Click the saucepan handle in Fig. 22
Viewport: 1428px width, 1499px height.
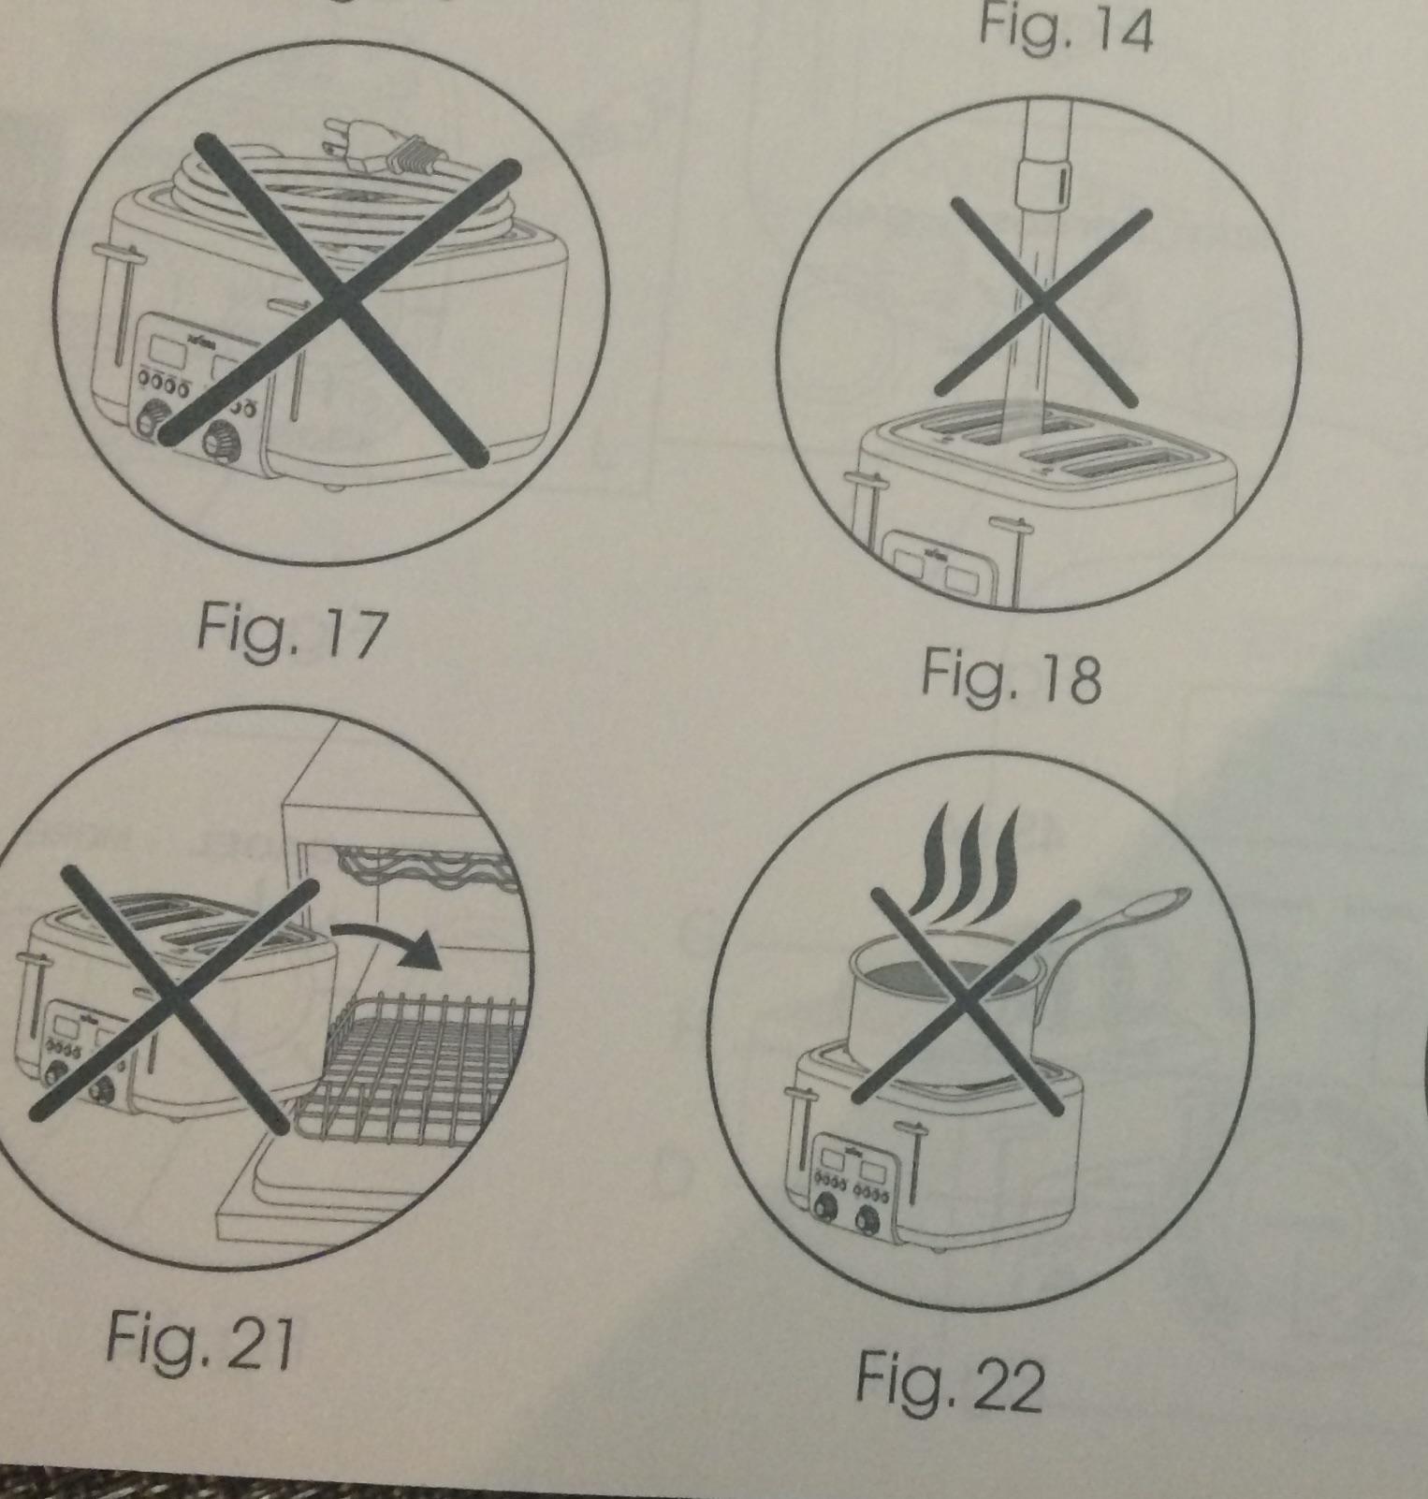pos(1114,935)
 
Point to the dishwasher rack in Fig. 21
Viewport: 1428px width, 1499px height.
pos(412,1067)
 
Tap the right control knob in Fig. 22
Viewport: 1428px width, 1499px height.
pos(868,1218)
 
